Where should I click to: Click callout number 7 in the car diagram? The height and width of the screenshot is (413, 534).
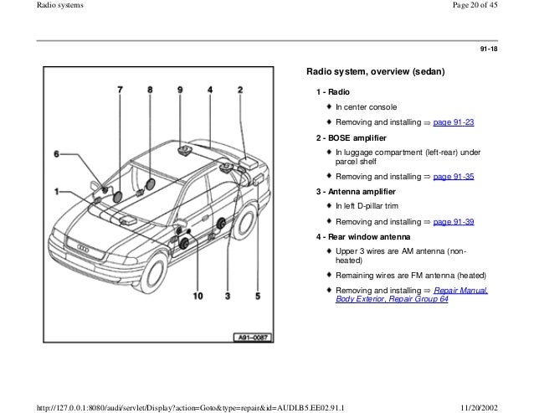click(x=119, y=89)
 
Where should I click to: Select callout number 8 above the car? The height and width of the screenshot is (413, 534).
click(x=150, y=89)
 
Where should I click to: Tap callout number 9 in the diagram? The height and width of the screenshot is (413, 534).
click(x=180, y=89)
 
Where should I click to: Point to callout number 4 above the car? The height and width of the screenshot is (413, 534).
click(x=209, y=89)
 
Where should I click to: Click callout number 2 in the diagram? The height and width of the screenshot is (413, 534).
click(x=240, y=89)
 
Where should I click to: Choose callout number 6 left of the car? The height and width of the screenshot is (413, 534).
click(x=57, y=154)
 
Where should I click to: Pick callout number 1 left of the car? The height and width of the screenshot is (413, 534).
click(x=57, y=191)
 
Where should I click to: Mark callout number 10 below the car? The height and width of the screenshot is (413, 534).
click(x=198, y=296)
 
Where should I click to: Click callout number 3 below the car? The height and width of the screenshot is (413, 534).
click(x=227, y=296)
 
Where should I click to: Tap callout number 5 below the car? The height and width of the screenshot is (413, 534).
click(x=258, y=296)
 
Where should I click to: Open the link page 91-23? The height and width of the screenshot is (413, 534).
click(x=452, y=122)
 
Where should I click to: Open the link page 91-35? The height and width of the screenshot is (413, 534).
click(x=452, y=177)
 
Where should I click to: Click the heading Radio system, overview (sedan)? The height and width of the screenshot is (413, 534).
click(x=374, y=71)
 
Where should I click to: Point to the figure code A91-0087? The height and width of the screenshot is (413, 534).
click(x=251, y=338)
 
